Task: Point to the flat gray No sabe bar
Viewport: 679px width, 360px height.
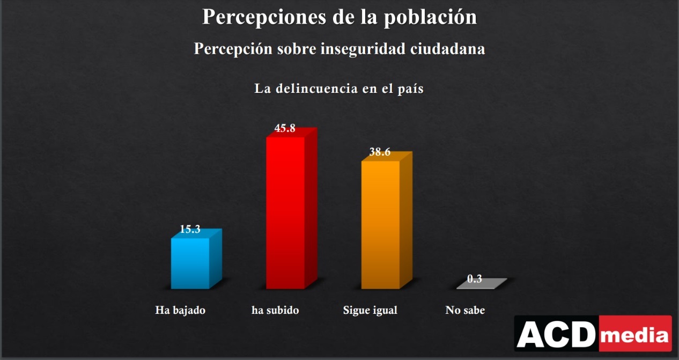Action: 481,284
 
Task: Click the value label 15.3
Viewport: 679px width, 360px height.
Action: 190,230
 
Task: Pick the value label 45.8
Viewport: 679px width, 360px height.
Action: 285,128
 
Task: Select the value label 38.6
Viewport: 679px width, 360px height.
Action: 380,152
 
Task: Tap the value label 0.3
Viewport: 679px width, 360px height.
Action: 475,279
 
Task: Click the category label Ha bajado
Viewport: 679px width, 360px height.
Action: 180,310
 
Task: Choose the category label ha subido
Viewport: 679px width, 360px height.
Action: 275,310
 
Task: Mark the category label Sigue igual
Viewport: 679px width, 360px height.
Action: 370,310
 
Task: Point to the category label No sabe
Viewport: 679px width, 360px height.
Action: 465,310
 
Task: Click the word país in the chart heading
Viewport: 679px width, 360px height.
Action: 409,89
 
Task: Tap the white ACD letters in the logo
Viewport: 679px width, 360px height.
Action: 556,335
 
